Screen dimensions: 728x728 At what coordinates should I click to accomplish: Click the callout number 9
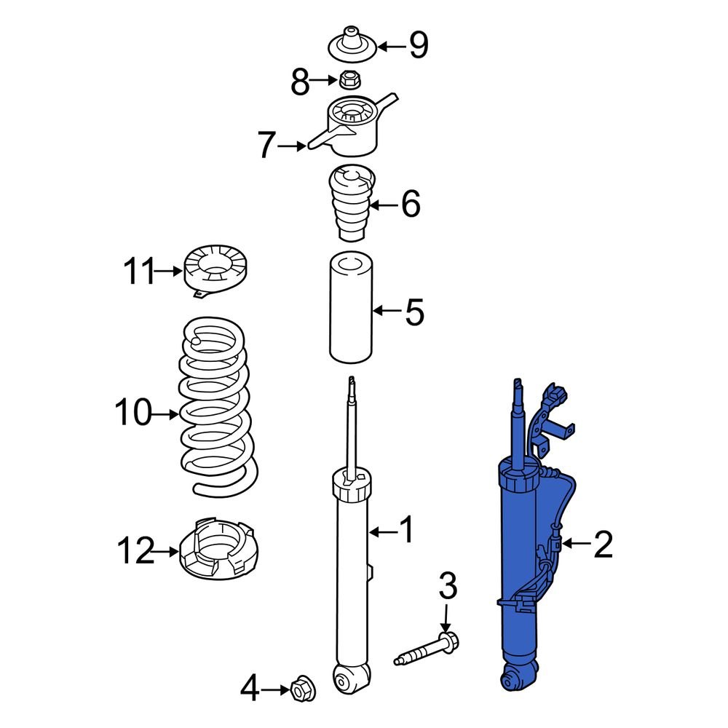pyautogui.click(x=418, y=46)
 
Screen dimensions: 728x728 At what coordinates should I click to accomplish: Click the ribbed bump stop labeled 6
pyautogui.click(x=352, y=205)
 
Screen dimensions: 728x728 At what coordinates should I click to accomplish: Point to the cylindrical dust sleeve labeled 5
pyautogui.click(x=351, y=307)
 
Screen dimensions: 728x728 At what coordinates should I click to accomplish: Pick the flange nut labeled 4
pyautogui.click(x=298, y=689)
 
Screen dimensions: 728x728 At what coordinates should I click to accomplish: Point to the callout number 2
pyautogui.click(x=603, y=544)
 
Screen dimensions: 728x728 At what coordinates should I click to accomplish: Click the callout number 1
pyautogui.click(x=405, y=531)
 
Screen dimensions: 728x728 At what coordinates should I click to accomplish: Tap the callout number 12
pyautogui.click(x=136, y=552)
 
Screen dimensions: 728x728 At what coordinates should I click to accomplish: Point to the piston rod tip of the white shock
pyautogui.click(x=352, y=381)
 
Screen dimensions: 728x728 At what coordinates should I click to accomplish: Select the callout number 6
pyautogui.click(x=411, y=205)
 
